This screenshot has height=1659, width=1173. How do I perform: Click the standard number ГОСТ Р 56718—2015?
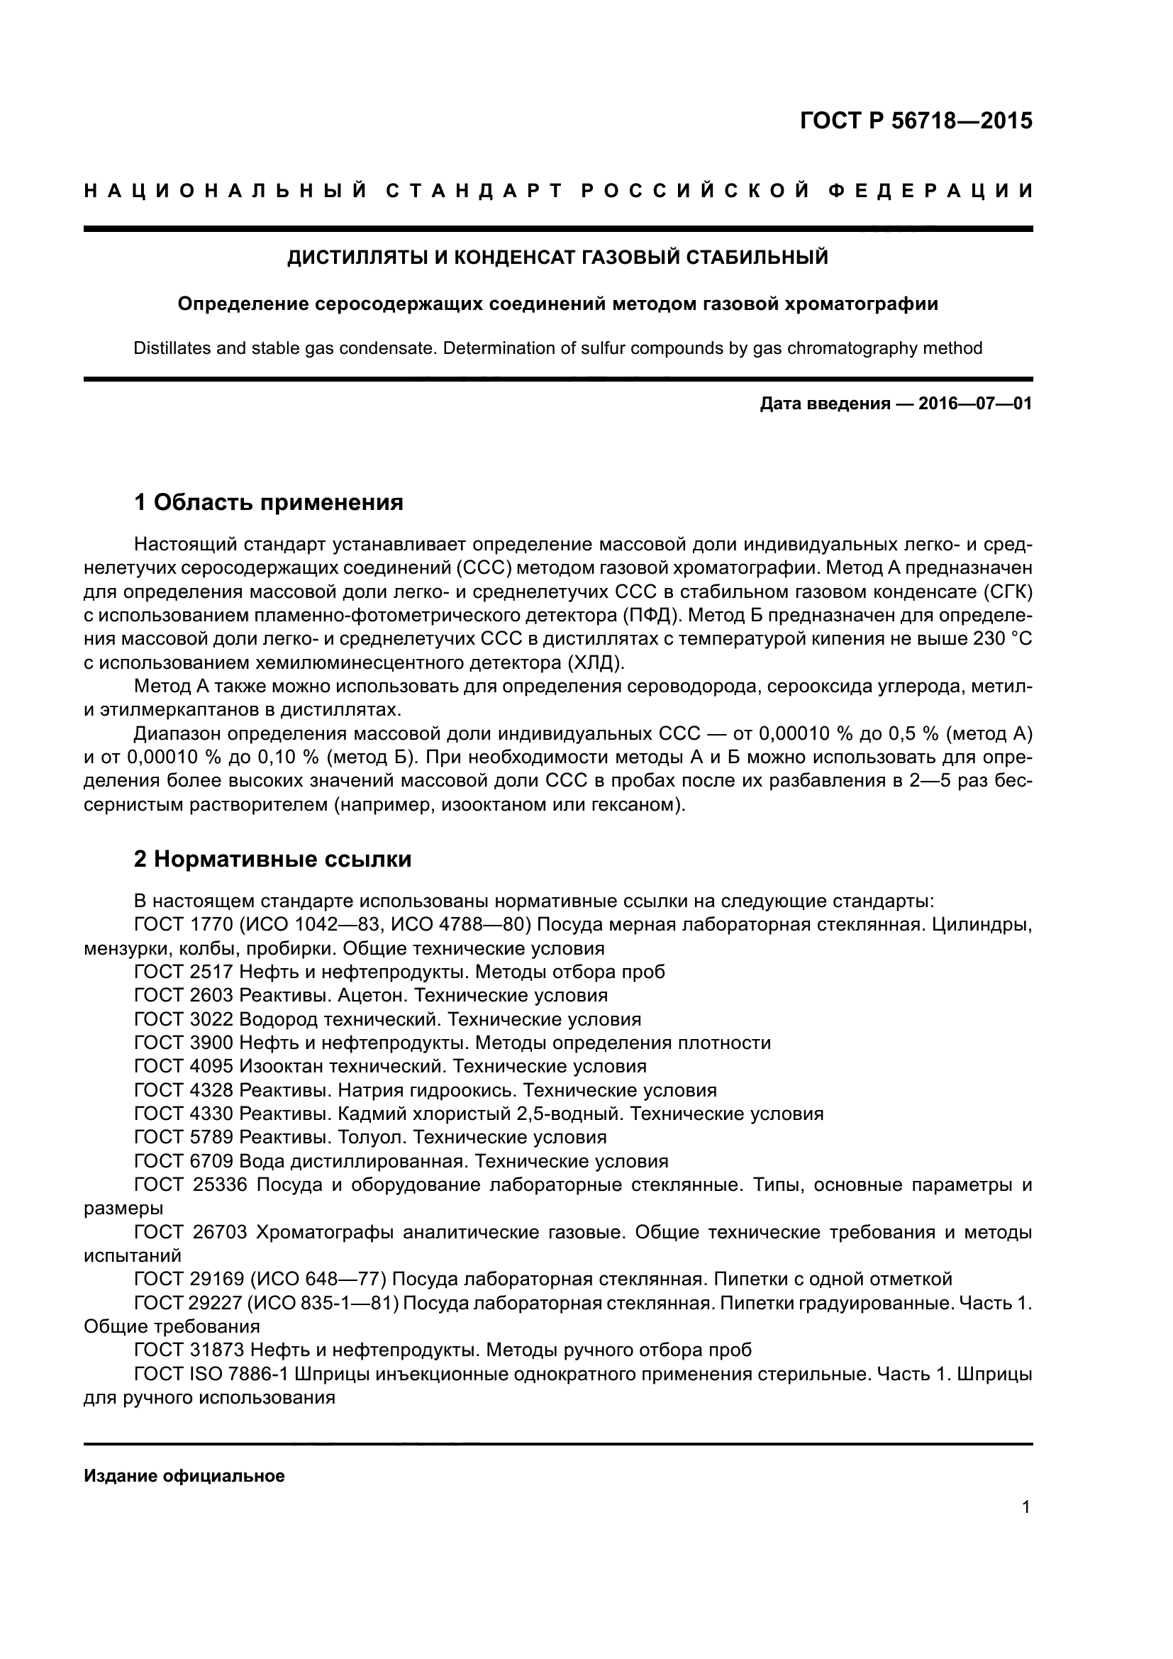916,121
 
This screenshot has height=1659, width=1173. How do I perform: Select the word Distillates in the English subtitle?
171,348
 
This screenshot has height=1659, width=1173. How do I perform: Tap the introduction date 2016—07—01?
975,404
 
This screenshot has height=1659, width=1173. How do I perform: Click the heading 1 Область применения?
269,501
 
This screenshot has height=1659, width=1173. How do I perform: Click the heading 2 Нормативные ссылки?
273,859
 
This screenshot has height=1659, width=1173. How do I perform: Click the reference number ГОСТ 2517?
184,972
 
